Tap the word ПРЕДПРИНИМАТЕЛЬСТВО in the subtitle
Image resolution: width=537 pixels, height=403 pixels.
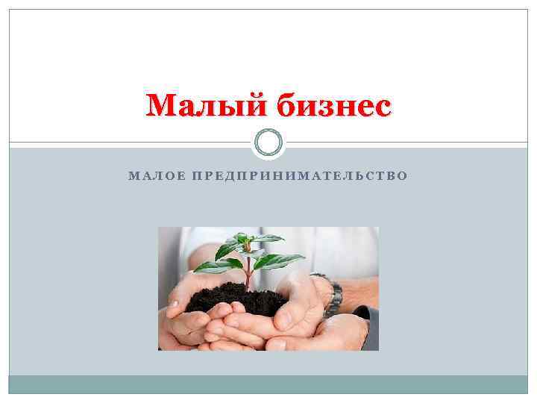tap(300, 176)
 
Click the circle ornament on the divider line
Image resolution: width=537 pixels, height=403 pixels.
tap(268, 142)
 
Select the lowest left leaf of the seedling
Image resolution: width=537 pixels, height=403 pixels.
tap(212, 266)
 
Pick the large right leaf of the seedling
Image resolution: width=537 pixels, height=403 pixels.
tap(280, 260)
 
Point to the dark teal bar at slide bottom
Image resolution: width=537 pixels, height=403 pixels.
tap(268, 384)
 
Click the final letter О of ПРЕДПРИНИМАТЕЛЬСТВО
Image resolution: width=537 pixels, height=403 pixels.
tap(403, 176)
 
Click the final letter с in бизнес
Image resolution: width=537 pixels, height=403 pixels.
tap(381, 108)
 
